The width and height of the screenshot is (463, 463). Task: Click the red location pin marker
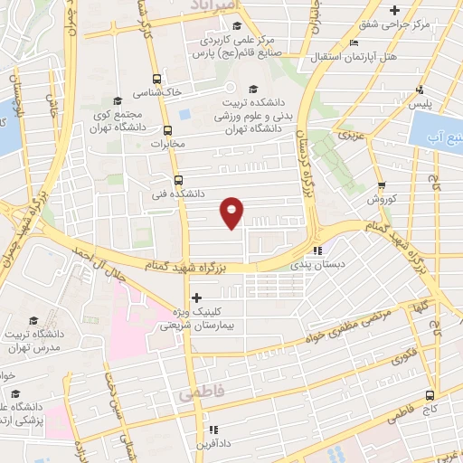coord(233,212)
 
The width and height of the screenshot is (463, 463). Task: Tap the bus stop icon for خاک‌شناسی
coord(157,79)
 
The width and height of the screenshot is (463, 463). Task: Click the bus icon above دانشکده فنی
coord(178,179)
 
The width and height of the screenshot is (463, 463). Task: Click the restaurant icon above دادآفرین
coord(213,430)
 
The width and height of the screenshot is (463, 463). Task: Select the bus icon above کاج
coord(430,395)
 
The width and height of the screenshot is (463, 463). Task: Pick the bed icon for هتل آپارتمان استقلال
coord(354,43)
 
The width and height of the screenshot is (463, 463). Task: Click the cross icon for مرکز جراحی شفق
coord(392,10)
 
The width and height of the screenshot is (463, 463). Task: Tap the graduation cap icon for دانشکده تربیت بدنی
coord(254,89)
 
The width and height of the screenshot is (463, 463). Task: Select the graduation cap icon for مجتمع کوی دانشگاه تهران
coord(117,100)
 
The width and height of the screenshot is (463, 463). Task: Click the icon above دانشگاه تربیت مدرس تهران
coord(34,320)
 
